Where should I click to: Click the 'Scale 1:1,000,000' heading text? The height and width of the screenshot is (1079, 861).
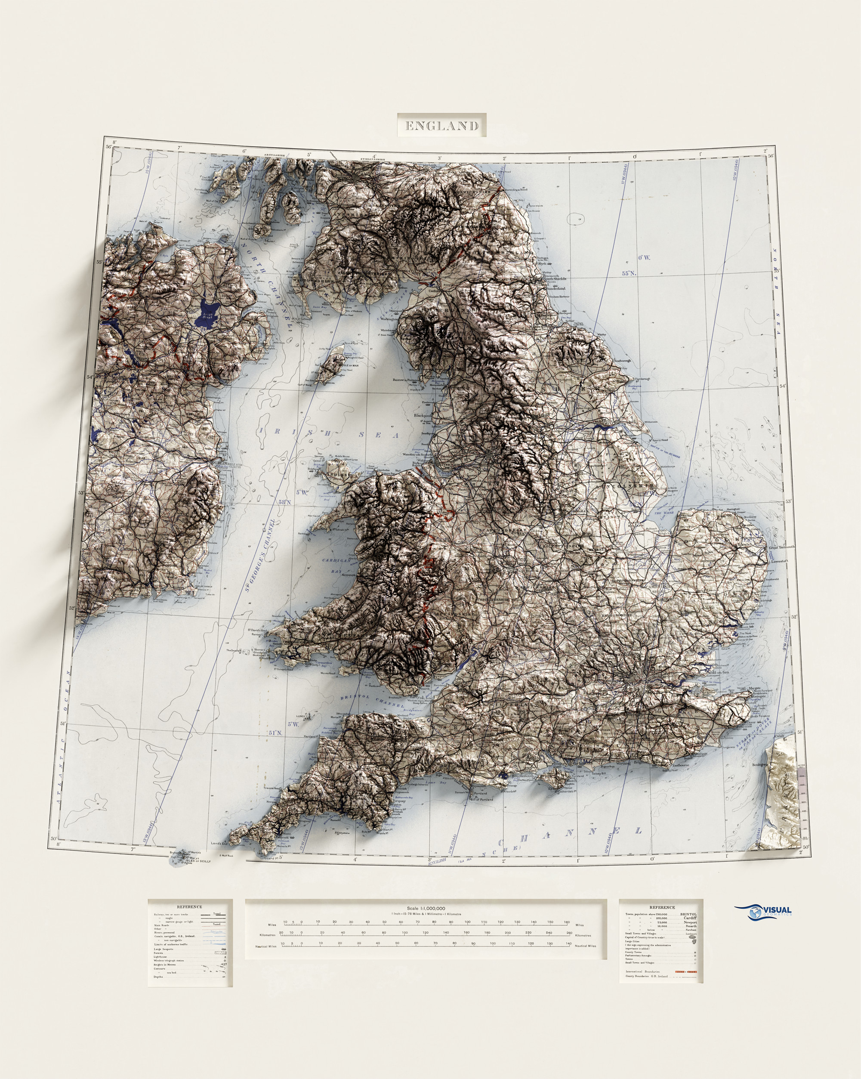point(426,908)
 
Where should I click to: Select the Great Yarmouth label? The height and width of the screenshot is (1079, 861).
point(781,547)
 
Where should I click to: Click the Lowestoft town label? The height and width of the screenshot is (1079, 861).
point(779,562)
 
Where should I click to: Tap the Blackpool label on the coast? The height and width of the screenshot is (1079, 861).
point(422,415)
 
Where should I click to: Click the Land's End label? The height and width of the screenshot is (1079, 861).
point(219,843)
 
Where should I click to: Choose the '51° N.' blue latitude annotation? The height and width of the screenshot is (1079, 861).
point(276,733)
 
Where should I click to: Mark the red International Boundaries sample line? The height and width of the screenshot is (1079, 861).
point(685,971)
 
